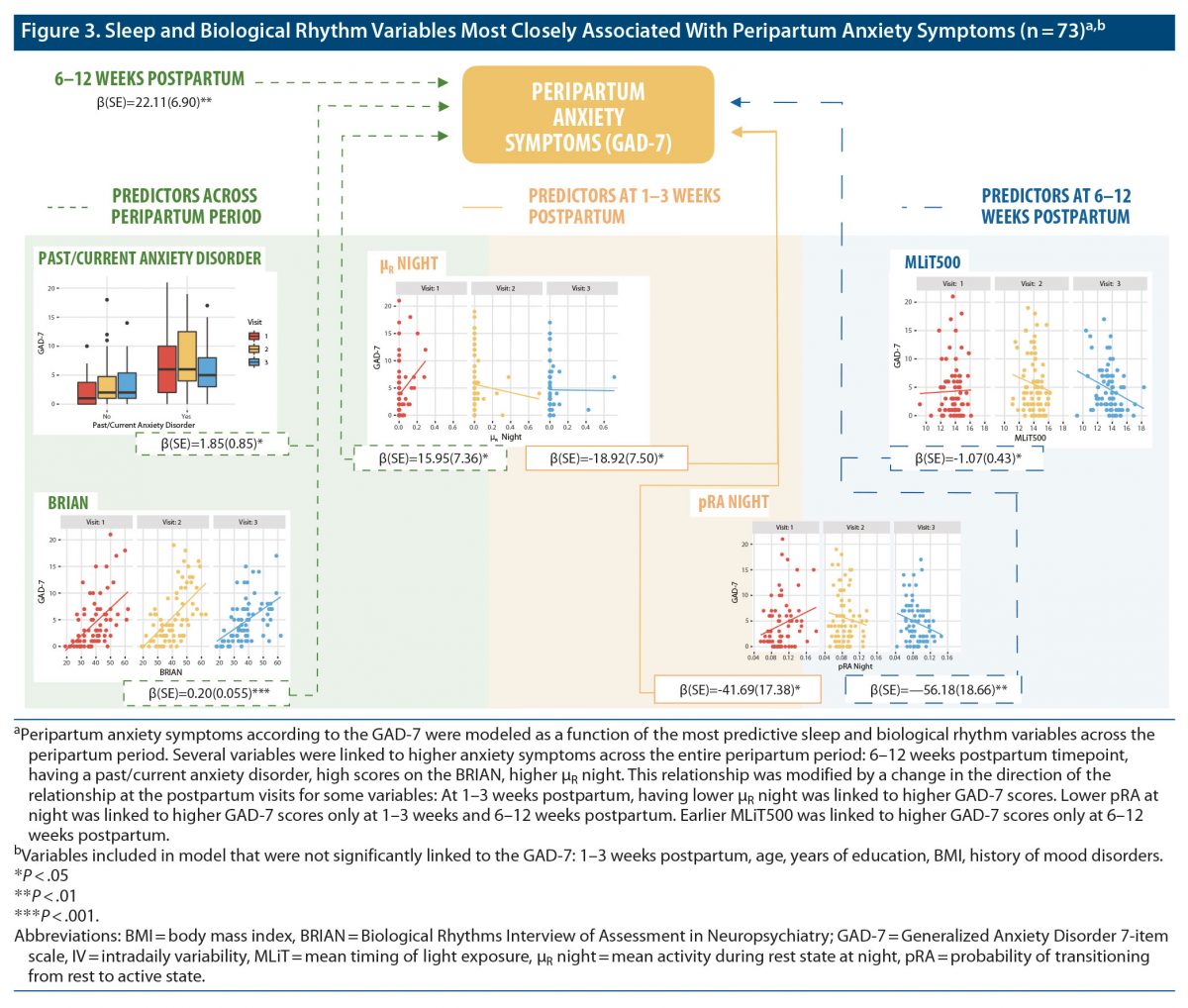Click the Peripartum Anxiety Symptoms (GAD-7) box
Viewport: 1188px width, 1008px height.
point(588,116)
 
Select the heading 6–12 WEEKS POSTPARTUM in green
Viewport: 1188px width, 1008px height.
point(149,79)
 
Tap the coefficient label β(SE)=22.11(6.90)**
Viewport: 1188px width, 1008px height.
point(155,102)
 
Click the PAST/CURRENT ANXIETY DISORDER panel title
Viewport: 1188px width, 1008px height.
point(149,258)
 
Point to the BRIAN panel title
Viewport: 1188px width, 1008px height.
point(68,503)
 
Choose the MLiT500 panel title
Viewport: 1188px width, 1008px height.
point(932,262)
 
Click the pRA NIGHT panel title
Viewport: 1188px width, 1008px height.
point(733,502)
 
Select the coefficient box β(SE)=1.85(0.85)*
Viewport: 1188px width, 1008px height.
point(212,445)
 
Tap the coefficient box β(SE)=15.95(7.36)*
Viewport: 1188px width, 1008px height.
point(431,458)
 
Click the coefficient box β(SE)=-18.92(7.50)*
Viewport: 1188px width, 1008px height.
point(606,458)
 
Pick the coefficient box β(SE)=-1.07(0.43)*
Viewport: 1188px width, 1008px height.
point(967,458)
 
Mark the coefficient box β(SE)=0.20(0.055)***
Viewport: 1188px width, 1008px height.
point(207,693)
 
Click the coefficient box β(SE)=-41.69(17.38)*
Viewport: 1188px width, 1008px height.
point(738,689)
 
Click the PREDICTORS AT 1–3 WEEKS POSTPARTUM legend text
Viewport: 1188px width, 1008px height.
point(624,206)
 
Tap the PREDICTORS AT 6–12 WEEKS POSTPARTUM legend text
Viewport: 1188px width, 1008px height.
point(1055,206)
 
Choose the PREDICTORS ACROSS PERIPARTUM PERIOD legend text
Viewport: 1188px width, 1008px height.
point(185,206)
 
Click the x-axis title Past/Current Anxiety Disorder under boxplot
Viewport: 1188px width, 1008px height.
point(146,425)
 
